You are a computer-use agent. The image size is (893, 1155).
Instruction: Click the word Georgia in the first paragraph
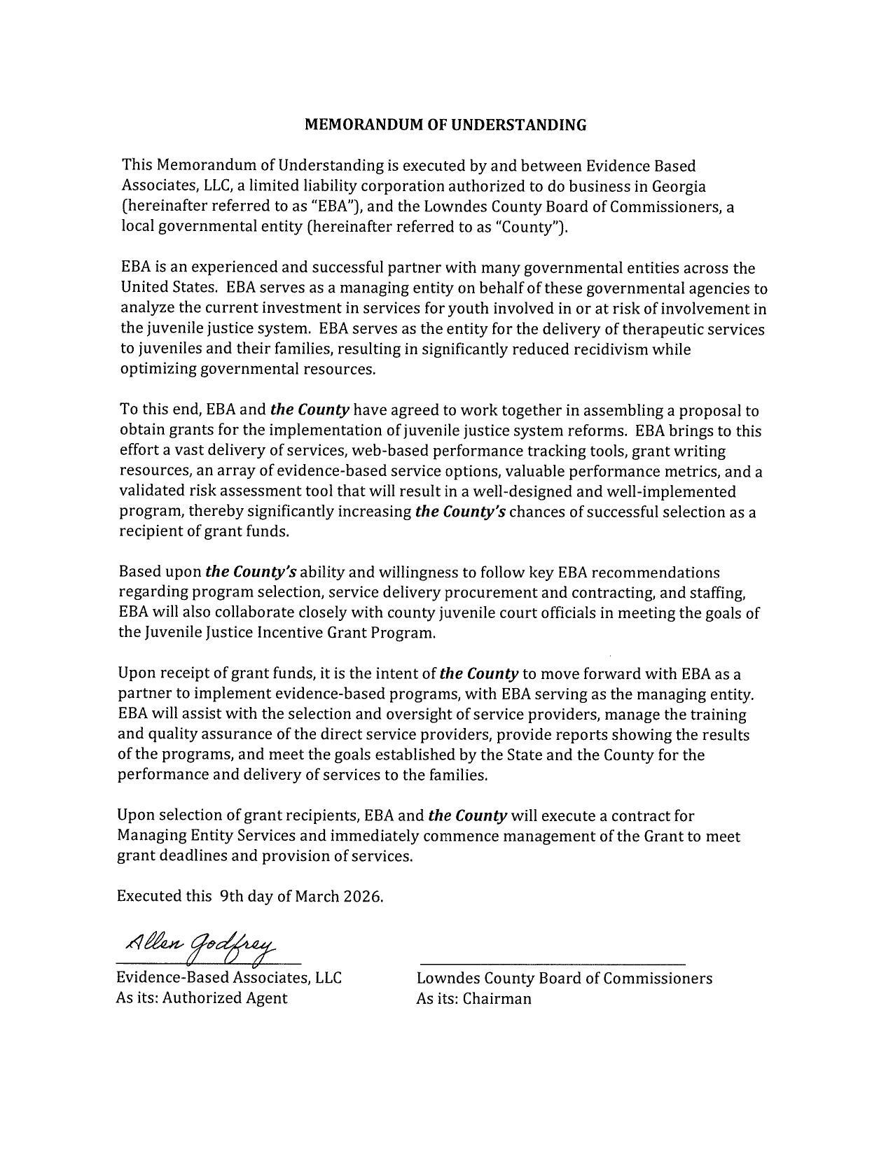tap(679, 186)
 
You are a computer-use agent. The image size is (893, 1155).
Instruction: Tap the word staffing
tap(718, 593)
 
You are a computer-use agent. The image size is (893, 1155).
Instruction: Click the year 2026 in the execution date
tap(363, 897)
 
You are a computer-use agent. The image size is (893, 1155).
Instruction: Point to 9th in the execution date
tap(231, 897)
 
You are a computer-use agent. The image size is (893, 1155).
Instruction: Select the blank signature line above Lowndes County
tap(551, 965)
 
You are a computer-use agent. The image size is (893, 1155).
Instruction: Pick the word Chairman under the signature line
tap(497, 999)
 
